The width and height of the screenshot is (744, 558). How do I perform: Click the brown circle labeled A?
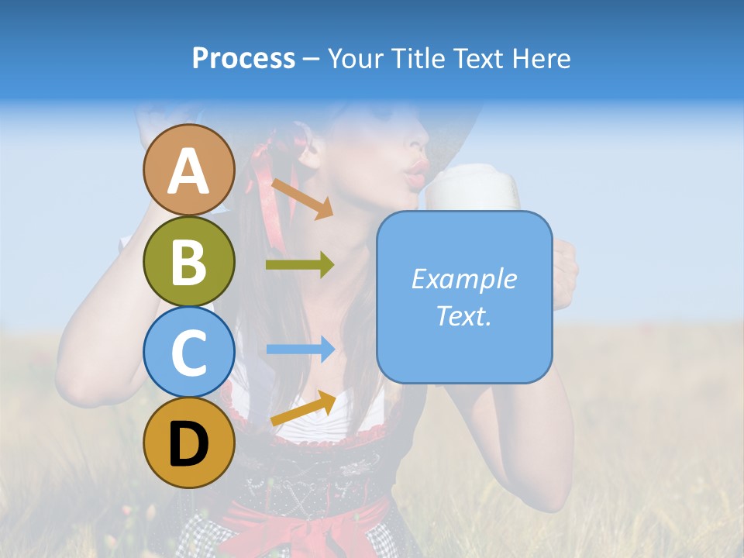pyautogui.click(x=188, y=170)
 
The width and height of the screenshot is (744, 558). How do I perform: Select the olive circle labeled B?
pyautogui.click(x=188, y=261)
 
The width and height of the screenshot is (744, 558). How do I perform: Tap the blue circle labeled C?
pyautogui.click(x=188, y=352)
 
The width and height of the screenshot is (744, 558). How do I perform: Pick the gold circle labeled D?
pyautogui.click(x=188, y=443)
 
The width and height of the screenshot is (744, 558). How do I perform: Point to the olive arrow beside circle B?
pyautogui.click(x=300, y=265)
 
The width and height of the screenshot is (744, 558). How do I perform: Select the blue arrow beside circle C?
pyautogui.click(x=300, y=350)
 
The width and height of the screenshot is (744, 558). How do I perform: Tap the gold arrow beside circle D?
pyautogui.click(x=303, y=408)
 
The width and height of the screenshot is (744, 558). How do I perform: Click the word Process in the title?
pyautogui.click(x=243, y=59)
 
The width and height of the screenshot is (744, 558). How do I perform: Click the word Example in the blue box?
pyautogui.click(x=463, y=279)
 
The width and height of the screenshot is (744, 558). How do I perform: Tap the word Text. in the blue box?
pyautogui.click(x=463, y=315)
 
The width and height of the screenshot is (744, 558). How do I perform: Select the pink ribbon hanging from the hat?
pyautogui.click(x=269, y=194)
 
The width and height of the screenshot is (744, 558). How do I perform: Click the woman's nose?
pyautogui.click(x=419, y=143)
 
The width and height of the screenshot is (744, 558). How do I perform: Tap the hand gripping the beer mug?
pyautogui.click(x=564, y=271)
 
